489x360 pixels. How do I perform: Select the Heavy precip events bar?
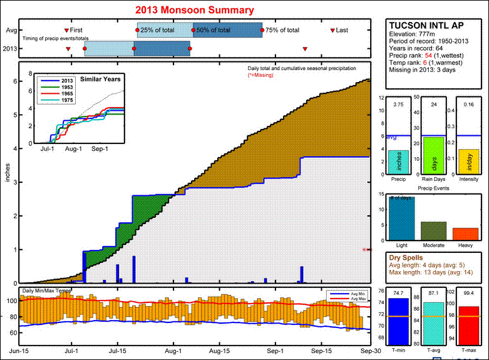(465, 234)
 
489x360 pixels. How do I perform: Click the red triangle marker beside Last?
(332, 30)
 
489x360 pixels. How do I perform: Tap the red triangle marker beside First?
(67, 30)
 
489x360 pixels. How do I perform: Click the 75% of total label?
(282, 30)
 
